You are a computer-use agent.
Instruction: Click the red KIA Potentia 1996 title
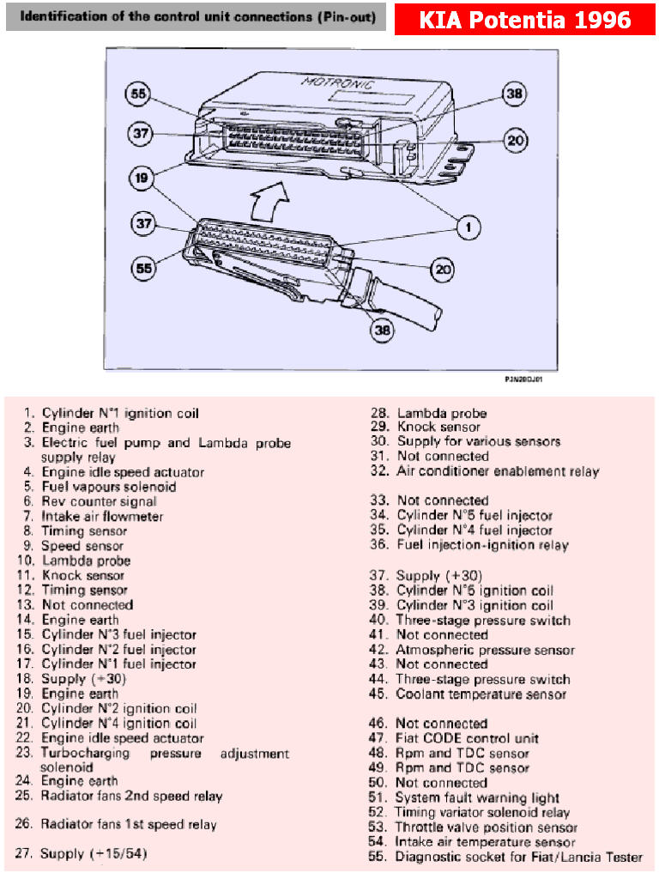click(524, 21)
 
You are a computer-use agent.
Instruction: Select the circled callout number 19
click(142, 178)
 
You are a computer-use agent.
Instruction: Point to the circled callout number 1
click(469, 227)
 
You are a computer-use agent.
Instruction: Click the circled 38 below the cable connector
click(383, 330)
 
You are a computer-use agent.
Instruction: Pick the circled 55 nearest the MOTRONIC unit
click(138, 93)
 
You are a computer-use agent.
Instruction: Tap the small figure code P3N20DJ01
click(523, 379)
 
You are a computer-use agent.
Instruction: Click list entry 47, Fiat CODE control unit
click(453, 738)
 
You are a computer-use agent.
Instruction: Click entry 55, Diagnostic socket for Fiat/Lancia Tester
click(505, 857)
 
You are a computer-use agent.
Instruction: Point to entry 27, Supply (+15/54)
click(82, 853)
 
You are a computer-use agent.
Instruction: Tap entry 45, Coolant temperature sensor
click(468, 694)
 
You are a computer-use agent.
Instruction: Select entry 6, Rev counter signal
click(89, 501)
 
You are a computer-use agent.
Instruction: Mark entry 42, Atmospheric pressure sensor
click(472, 650)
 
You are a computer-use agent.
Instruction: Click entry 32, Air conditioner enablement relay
click(485, 471)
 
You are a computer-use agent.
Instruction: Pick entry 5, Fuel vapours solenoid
click(100, 487)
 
